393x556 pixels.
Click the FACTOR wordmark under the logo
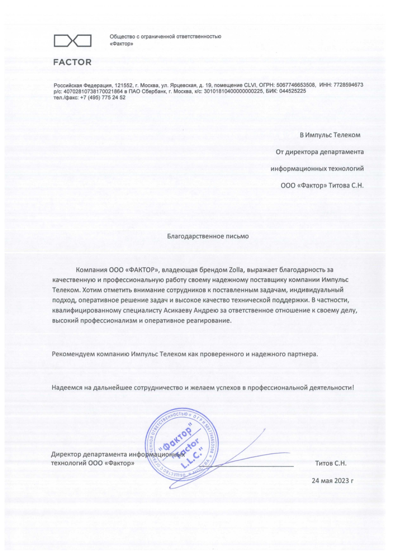coord(72,62)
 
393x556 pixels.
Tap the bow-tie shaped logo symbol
coord(72,41)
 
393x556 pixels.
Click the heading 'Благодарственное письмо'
coord(208,236)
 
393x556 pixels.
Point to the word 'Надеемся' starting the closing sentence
coord(65,387)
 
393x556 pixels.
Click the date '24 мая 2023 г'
coord(332,481)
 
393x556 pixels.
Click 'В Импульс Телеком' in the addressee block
coord(330,135)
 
